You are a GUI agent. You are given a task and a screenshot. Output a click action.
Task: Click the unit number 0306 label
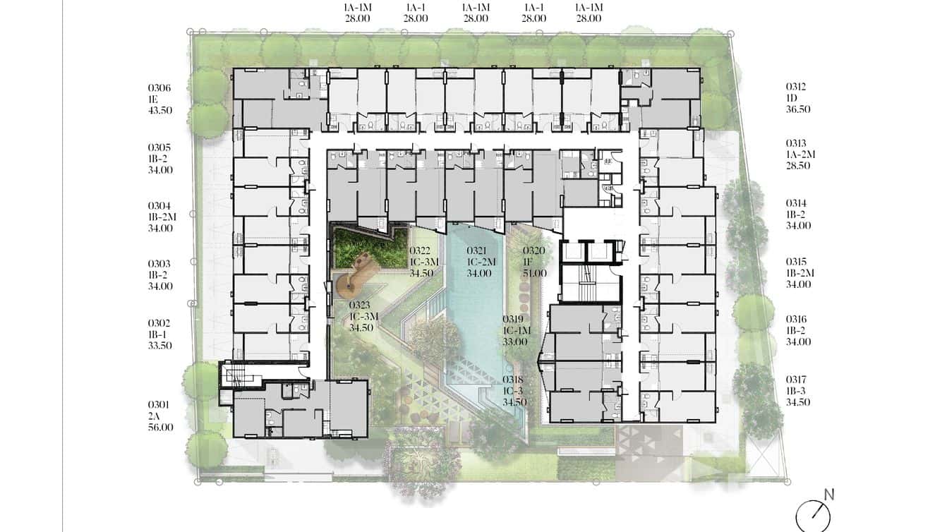[159, 88]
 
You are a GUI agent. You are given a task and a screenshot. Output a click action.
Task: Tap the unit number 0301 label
[159, 405]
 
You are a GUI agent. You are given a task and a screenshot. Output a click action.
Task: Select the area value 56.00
[161, 427]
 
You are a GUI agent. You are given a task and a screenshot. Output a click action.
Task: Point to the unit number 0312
[796, 87]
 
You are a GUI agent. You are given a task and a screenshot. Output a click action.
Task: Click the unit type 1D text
[792, 98]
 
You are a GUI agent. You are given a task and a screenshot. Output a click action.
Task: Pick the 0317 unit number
[796, 380]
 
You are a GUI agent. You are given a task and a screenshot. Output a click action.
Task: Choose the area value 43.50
[160, 111]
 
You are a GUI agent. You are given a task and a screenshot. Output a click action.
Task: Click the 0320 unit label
[534, 251]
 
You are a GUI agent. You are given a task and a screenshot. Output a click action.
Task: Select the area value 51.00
[535, 273]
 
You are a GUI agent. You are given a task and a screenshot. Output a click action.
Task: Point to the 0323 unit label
[360, 305]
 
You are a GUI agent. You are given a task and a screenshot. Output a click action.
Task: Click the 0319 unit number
[513, 319]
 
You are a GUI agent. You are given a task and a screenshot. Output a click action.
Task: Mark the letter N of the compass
[829, 495]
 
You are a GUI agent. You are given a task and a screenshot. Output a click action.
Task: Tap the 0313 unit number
[796, 144]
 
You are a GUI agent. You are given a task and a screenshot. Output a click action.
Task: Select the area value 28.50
[798, 166]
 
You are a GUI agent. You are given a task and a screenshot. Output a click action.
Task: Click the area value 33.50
[159, 346]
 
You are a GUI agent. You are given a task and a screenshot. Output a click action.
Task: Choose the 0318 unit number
[513, 380]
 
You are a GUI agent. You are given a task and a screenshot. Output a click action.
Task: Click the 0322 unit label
[421, 251]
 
